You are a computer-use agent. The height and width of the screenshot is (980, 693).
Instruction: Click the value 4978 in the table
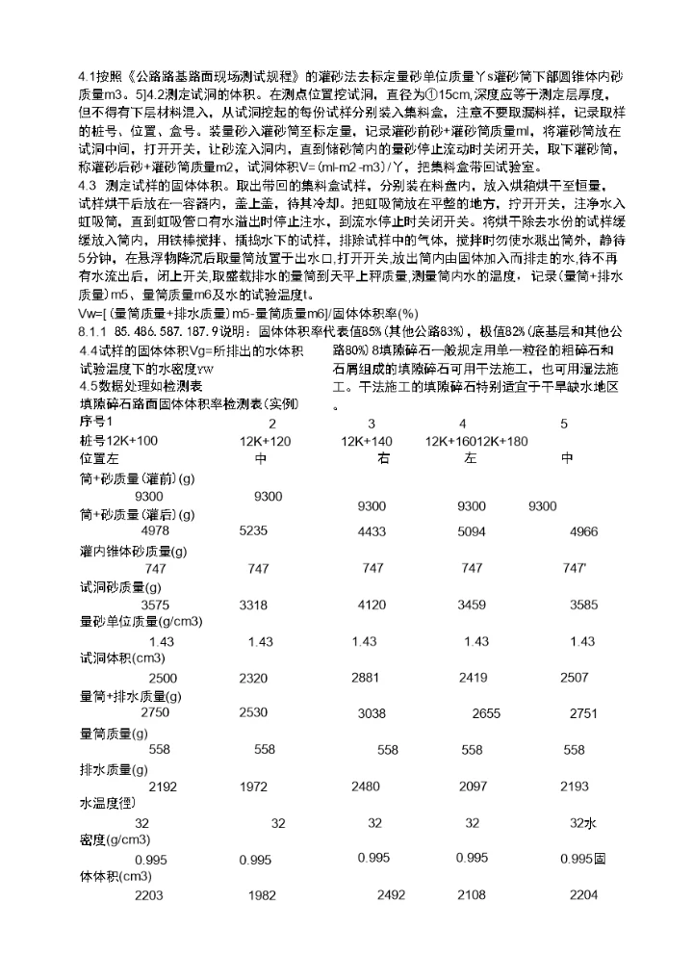coord(155,530)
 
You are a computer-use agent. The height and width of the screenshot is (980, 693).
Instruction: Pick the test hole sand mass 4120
coord(372,605)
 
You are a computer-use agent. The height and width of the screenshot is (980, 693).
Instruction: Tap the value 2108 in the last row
coord(472,895)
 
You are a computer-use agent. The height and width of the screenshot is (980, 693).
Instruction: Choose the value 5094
coord(472,530)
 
